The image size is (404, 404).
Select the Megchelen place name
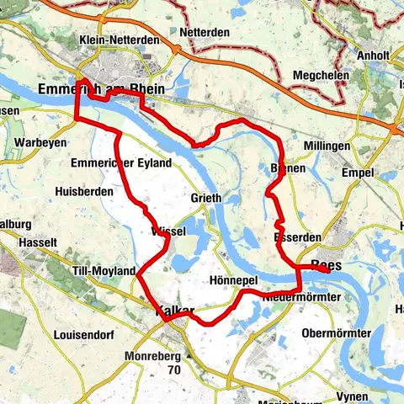pos(321,76)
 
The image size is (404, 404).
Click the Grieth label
pos(205,199)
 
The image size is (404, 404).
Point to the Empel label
pos(357,173)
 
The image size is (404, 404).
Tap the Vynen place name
pos(348,396)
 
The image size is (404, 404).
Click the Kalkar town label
pos(175,311)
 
